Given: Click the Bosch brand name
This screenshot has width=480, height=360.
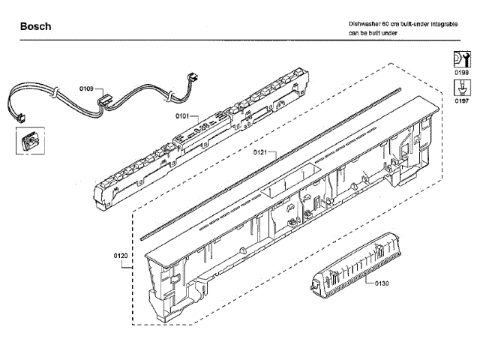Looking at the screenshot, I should (35, 26).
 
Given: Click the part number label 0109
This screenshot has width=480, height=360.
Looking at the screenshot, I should (86, 89).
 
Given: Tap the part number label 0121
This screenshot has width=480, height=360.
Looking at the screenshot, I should (259, 152).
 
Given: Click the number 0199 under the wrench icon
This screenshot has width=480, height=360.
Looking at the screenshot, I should (461, 73).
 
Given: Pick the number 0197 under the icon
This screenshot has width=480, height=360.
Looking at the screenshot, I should (461, 100).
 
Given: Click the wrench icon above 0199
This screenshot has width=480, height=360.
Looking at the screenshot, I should (461, 58).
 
